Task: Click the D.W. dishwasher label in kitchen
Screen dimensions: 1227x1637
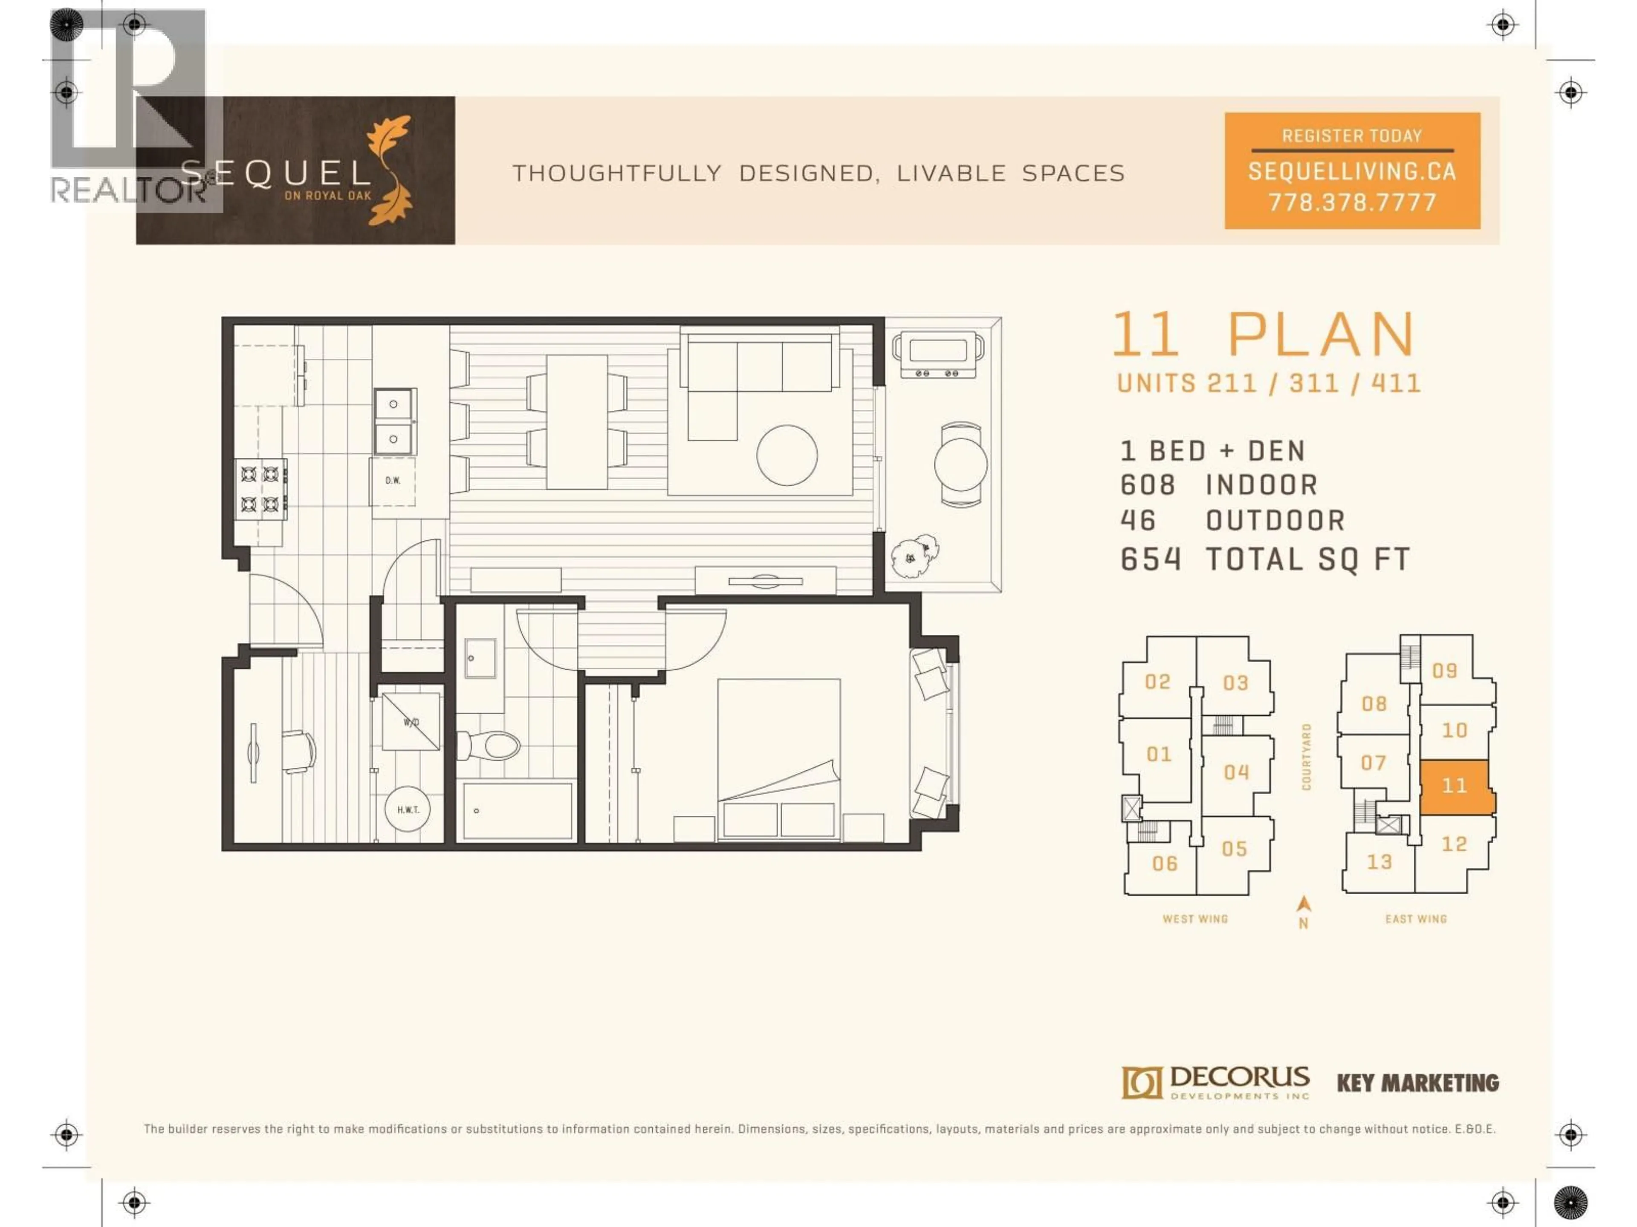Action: pyautogui.click(x=392, y=481)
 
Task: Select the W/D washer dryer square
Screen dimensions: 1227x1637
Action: pyautogui.click(x=411, y=722)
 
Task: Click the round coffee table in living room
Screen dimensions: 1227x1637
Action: pyautogui.click(x=787, y=455)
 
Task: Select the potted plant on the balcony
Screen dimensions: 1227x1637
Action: pyautogui.click(x=915, y=554)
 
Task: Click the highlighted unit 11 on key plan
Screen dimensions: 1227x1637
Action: pyautogui.click(x=1454, y=786)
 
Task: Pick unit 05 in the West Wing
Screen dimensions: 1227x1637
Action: pyautogui.click(x=1234, y=849)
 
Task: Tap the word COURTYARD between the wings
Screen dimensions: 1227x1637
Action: pyautogui.click(x=1306, y=757)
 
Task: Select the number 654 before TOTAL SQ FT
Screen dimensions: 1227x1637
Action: pyautogui.click(x=1150, y=560)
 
